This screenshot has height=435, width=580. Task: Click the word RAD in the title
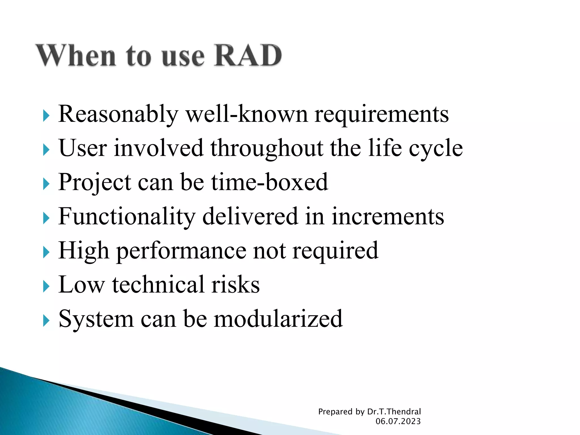248,55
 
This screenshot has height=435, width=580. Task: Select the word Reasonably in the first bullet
118,114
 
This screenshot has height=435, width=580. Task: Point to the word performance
181,251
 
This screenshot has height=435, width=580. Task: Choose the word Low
81,285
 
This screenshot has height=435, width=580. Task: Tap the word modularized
278,319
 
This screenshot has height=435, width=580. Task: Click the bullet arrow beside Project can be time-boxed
46,184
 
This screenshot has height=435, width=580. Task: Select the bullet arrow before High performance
46,252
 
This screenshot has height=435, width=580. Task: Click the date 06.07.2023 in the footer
398,421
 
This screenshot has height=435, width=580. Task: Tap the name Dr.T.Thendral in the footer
394,411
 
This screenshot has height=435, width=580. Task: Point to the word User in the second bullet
83,148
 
